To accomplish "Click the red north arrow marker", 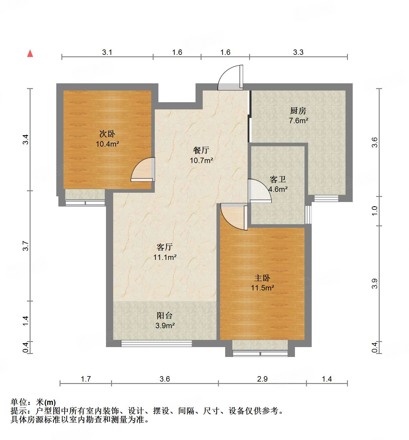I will tap(30, 53).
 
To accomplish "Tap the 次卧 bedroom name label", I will tap(107, 134).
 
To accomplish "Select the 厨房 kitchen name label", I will tap(298, 111).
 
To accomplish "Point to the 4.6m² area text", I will tap(278, 189).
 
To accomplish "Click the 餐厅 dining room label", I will tap(201, 150).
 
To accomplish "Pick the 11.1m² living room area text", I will tap(165, 257).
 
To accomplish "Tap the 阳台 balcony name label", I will tap(165, 315).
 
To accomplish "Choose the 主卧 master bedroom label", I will tap(262, 278).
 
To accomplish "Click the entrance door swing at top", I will tap(231, 78).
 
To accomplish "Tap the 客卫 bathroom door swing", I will tap(259, 191).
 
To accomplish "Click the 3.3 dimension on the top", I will tap(298, 52).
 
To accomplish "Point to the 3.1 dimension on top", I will tap(107, 52).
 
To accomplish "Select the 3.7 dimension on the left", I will tap(26, 246).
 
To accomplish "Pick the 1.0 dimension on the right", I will tap(375, 211).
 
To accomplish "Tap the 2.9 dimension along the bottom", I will tap(262, 379).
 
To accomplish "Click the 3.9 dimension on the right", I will tap(375, 284).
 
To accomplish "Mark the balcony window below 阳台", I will tap(156, 343).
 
